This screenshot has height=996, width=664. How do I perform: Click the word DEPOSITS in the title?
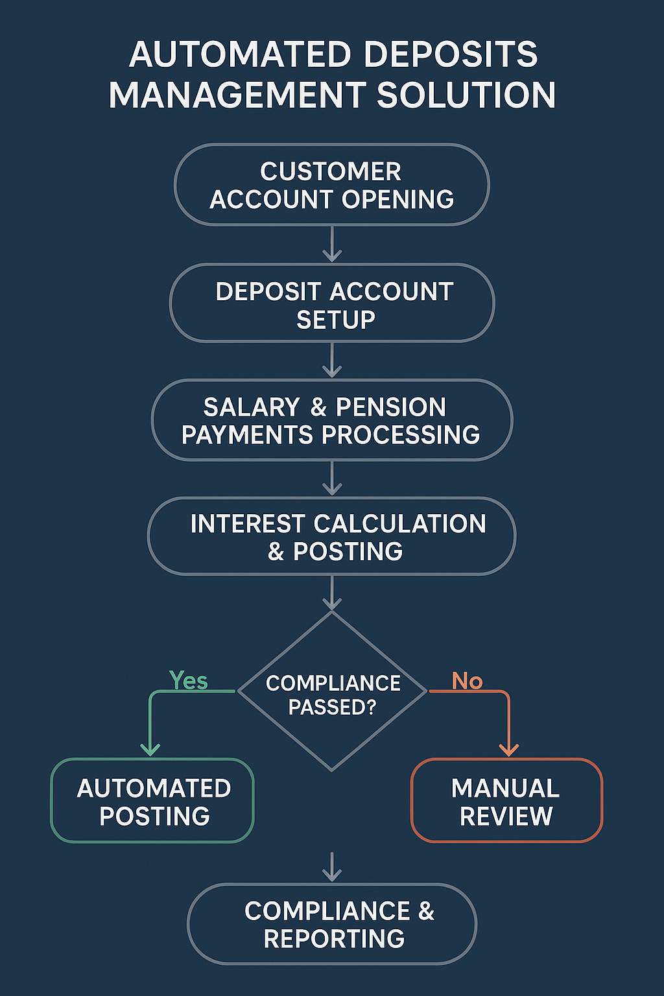451,54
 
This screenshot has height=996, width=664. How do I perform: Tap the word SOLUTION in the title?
466,95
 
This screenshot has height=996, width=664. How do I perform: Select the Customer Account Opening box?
332,185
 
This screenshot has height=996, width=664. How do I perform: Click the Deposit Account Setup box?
332,303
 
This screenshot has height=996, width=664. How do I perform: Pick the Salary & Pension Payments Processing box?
332,420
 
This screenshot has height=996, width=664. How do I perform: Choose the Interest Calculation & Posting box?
332,536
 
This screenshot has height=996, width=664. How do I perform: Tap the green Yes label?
189,681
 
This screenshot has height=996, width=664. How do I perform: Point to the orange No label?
467,681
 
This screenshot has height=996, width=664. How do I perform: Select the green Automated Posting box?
152,800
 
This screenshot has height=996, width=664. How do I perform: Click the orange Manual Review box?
506,800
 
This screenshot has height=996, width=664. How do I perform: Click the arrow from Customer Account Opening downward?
332,244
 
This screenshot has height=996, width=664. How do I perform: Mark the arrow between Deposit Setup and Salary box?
332,360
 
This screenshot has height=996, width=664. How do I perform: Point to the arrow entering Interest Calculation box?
332,478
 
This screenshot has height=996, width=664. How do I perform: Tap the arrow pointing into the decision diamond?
332,593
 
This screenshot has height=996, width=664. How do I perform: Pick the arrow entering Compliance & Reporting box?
332,867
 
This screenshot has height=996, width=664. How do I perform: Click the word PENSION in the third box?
390,407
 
